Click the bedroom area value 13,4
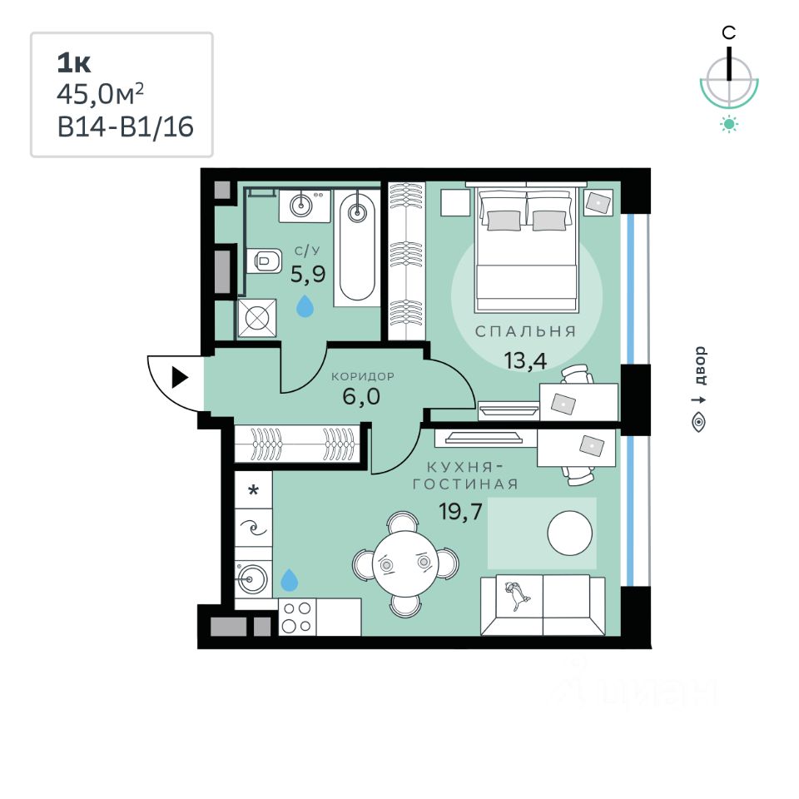525,360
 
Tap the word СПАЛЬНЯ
525,332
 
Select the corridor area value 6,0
361,396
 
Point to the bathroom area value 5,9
308,274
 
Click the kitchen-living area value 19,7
460,511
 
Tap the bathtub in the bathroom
357,248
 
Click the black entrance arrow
180,378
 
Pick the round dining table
405,563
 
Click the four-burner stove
297,617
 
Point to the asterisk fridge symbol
253,491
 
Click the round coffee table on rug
569,533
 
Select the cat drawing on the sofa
517,595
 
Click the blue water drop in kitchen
290,580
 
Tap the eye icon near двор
699,423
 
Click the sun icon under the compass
729,124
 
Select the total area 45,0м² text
101,94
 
